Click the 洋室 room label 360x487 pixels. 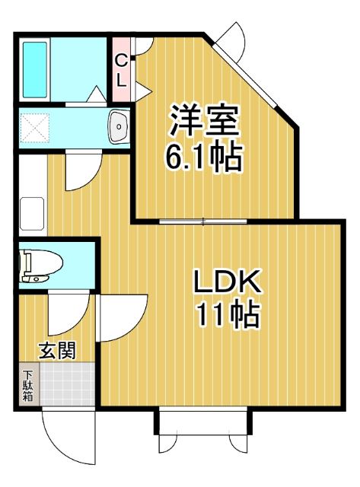[x=205, y=120]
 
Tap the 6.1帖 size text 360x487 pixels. [x=203, y=157]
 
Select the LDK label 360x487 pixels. [x=227, y=281]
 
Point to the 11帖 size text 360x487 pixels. [x=228, y=314]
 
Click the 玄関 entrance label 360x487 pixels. [x=58, y=351]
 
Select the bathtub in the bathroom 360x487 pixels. [x=35, y=69]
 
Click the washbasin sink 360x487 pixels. [x=119, y=127]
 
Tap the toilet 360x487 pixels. [x=40, y=266]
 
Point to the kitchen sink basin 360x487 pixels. [x=32, y=213]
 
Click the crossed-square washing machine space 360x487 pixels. [x=35, y=128]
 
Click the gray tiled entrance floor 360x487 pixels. [x=68, y=384]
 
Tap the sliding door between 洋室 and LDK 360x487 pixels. [x=203, y=221]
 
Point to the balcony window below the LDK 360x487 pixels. [x=203, y=423]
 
